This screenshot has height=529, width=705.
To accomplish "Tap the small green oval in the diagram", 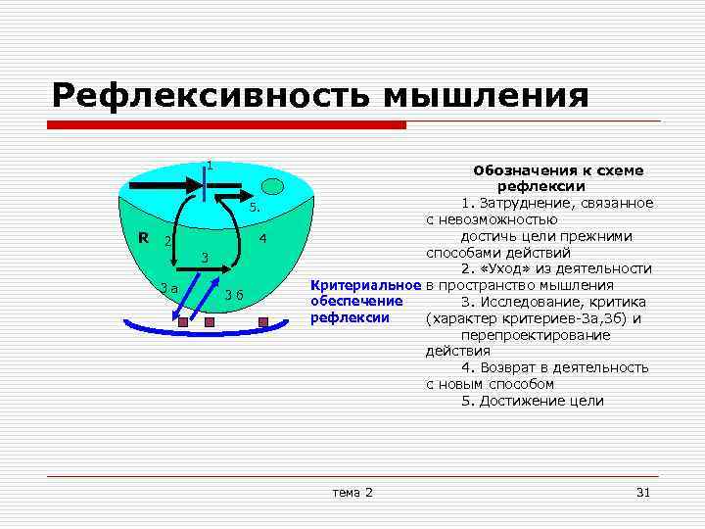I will tap(273, 186).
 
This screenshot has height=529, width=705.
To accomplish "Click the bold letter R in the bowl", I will tap(143, 237).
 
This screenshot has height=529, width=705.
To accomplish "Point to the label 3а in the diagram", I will tap(168, 288).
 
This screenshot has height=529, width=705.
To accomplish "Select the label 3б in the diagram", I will tap(234, 296).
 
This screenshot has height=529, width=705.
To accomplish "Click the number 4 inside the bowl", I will tap(263, 239).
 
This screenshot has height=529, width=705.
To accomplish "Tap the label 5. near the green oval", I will tap(253, 208).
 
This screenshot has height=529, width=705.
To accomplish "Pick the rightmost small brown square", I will tap(261, 321).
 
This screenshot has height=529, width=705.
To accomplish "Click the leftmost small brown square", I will tap(182, 321).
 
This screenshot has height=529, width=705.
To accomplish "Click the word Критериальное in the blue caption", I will tap(365, 285).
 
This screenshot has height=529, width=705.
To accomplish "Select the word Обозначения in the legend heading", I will tap(517, 169).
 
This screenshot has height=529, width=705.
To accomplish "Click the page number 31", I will tap(642, 491).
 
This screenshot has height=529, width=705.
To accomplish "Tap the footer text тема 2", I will tap(352, 491).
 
